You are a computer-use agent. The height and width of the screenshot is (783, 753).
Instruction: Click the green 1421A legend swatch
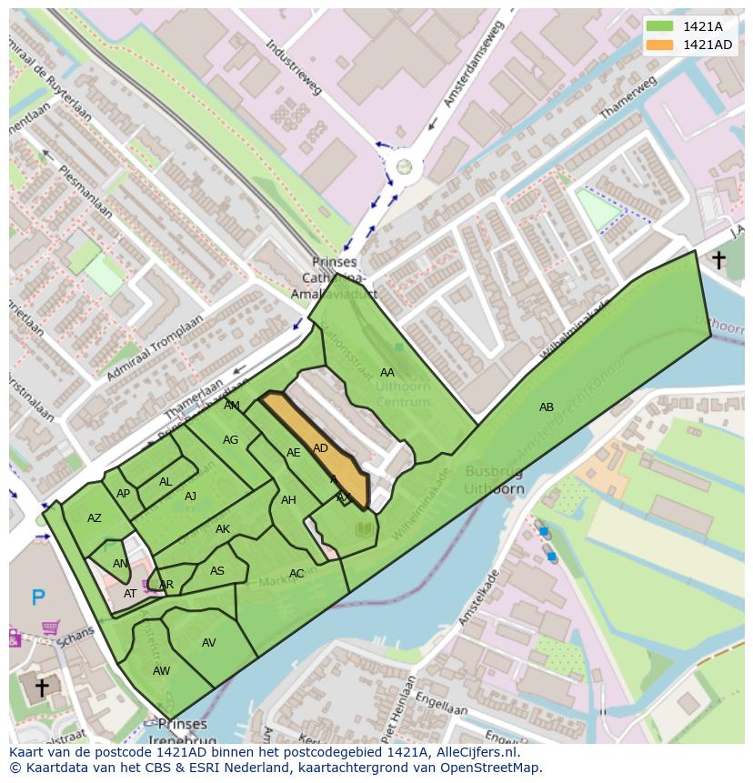click(660, 26)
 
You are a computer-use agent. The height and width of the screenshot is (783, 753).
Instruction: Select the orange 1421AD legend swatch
click(660, 45)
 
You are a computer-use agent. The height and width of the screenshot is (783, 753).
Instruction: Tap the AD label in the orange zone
click(320, 448)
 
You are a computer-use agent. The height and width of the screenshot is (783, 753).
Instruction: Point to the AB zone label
click(546, 407)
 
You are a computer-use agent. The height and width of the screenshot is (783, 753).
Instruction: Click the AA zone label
click(387, 373)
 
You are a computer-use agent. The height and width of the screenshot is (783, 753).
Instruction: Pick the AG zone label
click(230, 440)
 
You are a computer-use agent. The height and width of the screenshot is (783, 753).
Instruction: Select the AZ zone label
click(95, 518)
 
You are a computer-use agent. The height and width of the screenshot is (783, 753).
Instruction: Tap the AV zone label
click(209, 643)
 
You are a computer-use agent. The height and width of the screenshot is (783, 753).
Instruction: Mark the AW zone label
click(161, 671)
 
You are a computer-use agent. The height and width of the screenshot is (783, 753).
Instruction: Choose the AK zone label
click(223, 529)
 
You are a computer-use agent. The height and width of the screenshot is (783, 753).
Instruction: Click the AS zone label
click(216, 571)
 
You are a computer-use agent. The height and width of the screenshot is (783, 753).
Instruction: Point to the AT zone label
click(130, 594)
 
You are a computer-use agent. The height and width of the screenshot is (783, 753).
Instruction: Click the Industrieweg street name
click(295, 67)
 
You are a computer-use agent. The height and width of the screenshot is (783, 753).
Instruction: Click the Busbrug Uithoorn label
click(495, 480)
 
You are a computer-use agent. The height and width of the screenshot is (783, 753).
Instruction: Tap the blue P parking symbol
click(38, 597)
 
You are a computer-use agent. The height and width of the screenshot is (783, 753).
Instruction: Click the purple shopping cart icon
click(51, 627)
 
